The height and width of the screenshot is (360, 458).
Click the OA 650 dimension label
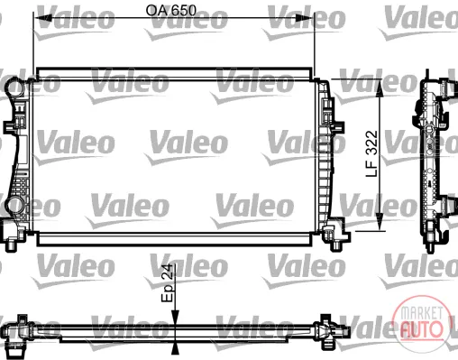170,11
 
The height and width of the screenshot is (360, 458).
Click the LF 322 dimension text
371,153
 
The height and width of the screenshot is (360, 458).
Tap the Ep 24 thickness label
168,282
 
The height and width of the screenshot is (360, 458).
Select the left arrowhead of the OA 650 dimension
42,18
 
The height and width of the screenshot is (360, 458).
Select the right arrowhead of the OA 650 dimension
305,18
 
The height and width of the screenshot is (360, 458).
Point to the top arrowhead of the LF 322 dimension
380,88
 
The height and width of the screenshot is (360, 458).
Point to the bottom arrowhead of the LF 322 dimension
380,222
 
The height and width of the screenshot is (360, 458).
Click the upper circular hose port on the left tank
14,87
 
